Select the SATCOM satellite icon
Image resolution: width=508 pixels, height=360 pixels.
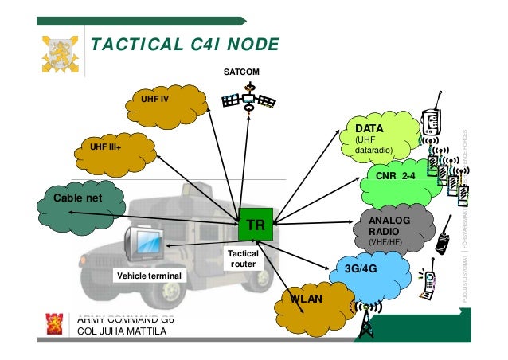coord(248,100)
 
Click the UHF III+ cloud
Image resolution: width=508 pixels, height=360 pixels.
coord(115,148)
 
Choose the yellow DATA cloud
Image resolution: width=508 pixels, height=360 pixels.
coord(381,137)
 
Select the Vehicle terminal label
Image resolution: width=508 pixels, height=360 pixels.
coord(150,276)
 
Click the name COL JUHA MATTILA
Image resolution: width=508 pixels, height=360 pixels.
coord(122,332)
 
